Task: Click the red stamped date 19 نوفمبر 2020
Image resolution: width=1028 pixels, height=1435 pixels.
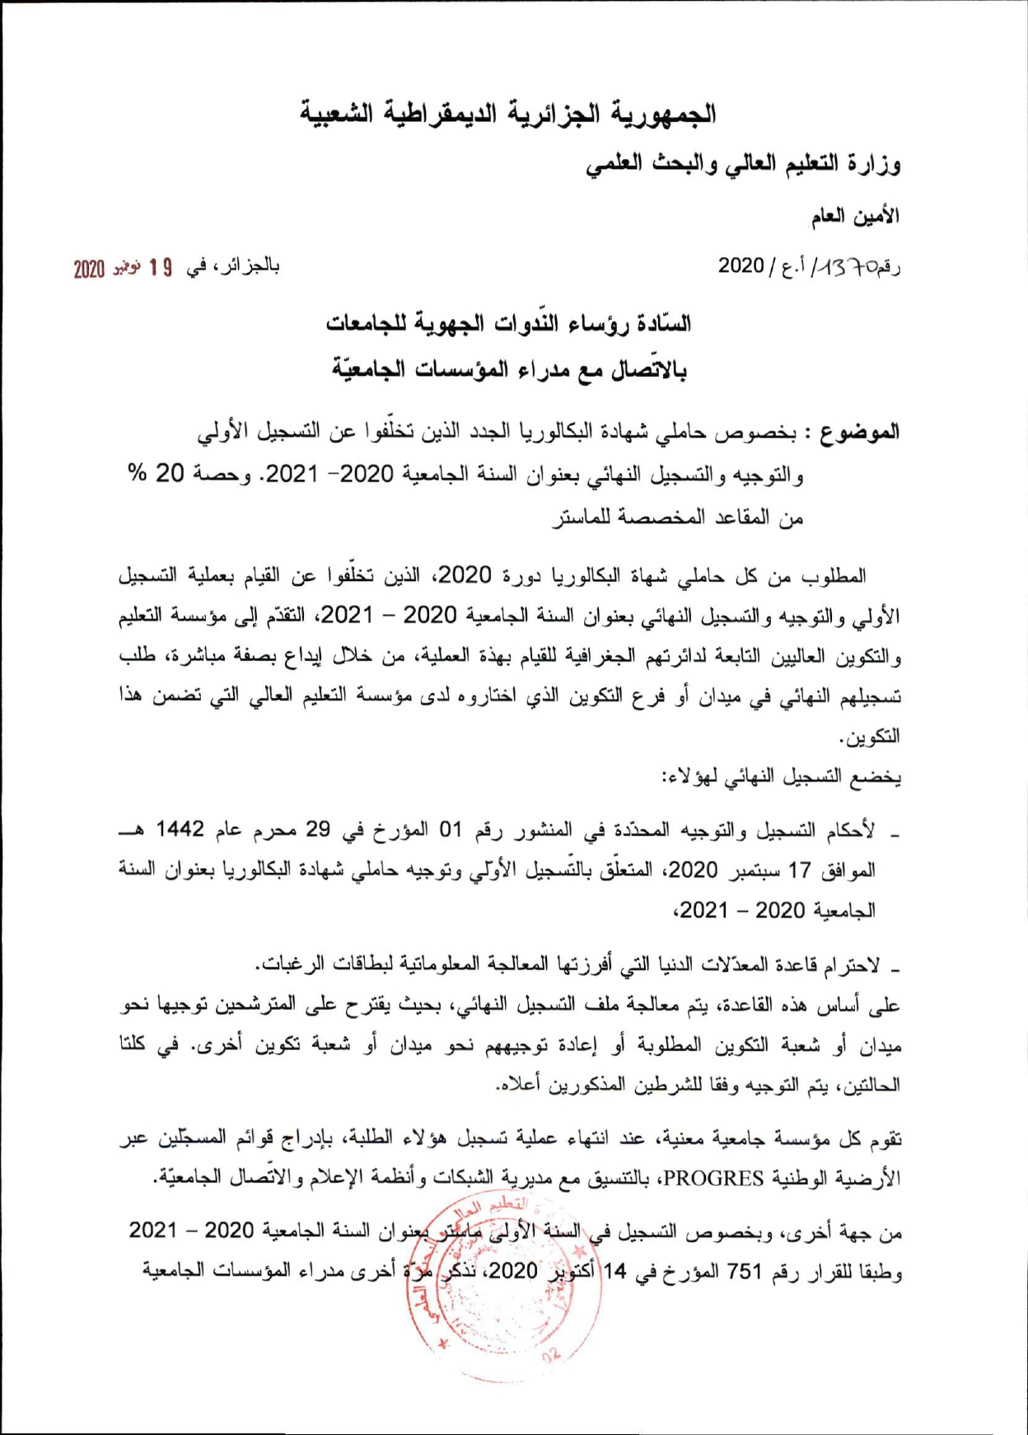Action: click(x=123, y=269)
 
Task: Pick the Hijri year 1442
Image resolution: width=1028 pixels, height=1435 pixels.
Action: click(x=181, y=828)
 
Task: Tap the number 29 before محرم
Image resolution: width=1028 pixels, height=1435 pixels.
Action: click(x=318, y=828)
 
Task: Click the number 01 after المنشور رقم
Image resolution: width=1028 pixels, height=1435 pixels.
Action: click(x=450, y=828)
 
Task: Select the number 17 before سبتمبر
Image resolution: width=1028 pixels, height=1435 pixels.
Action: click(x=800, y=870)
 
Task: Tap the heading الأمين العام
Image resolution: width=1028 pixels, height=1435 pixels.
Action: click(x=855, y=217)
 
